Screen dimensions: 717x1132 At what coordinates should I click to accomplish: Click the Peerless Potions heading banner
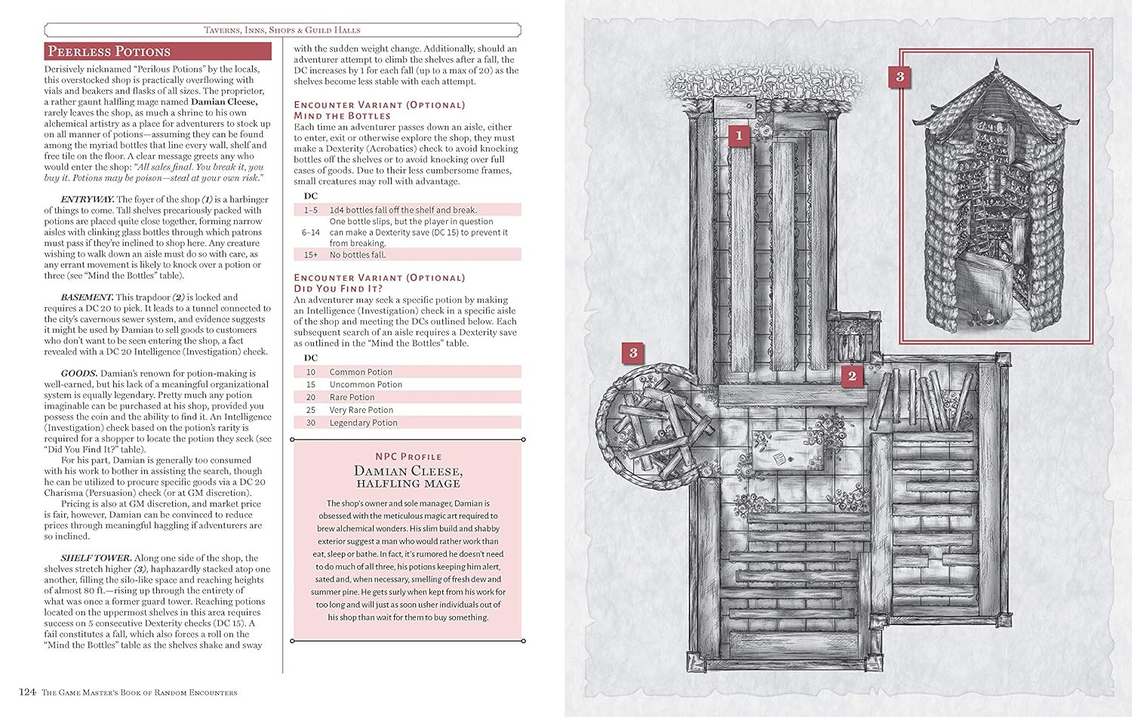(x=157, y=51)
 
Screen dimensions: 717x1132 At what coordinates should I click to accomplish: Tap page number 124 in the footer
(x=27, y=692)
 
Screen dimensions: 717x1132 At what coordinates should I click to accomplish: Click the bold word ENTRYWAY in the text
(x=87, y=199)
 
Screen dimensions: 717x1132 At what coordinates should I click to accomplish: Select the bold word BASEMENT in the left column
(x=87, y=297)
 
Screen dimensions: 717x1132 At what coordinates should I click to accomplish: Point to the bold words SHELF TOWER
(x=96, y=558)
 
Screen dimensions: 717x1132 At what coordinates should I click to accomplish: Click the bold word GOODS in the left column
(x=79, y=373)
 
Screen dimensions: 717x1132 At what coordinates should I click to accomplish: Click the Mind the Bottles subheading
(x=342, y=116)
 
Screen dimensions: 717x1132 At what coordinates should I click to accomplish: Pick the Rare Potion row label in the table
(x=352, y=397)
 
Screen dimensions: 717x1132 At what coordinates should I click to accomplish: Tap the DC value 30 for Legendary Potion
(x=310, y=423)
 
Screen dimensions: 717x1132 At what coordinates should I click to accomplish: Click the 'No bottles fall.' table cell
(x=357, y=255)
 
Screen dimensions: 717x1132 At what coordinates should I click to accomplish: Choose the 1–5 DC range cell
(x=310, y=210)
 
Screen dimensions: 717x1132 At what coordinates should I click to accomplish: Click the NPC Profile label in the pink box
(x=408, y=457)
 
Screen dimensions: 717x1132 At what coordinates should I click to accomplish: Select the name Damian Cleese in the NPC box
(x=408, y=471)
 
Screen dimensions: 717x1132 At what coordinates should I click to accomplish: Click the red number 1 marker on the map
(x=739, y=136)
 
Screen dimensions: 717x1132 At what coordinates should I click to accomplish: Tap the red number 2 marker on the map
(x=852, y=376)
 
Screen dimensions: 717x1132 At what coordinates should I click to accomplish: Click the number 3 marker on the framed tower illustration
(x=900, y=76)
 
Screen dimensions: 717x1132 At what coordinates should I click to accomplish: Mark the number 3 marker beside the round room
(x=633, y=352)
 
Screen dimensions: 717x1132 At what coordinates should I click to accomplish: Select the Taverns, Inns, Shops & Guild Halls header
(x=282, y=30)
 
